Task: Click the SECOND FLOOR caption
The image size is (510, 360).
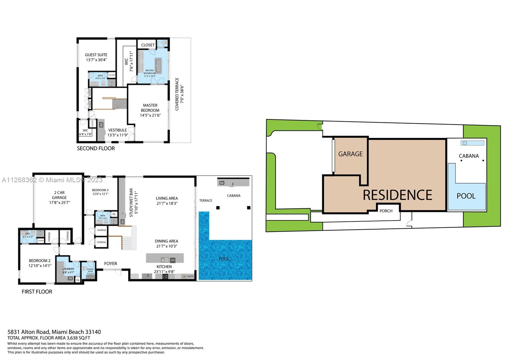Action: [96, 148]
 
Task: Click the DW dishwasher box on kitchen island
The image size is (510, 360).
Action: [172, 260]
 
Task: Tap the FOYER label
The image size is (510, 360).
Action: [111, 263]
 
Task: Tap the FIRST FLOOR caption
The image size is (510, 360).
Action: [37, 292]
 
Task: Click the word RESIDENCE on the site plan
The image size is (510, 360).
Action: [397, 195]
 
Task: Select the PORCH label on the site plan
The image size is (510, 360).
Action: [386, 211]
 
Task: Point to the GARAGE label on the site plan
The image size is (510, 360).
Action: [350, 154]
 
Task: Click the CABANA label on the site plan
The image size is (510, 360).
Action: [469, 156]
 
